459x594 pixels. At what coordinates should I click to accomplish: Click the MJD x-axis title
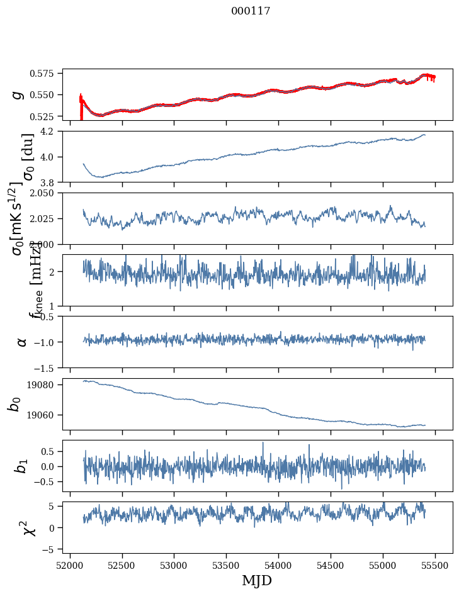tap(257, 581)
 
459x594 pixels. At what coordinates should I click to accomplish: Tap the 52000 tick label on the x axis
tap(70, 565)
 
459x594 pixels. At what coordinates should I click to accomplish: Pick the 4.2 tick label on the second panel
tap(52, 132)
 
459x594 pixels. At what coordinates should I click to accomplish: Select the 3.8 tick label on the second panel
tap(52, 182)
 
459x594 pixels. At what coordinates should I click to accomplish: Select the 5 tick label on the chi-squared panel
tap(57, 507)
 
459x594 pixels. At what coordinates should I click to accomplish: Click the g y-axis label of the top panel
tap(18, 94)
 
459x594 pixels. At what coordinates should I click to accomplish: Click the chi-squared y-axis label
tap(29, 527)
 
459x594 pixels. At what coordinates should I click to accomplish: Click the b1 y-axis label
tap(22, 466)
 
